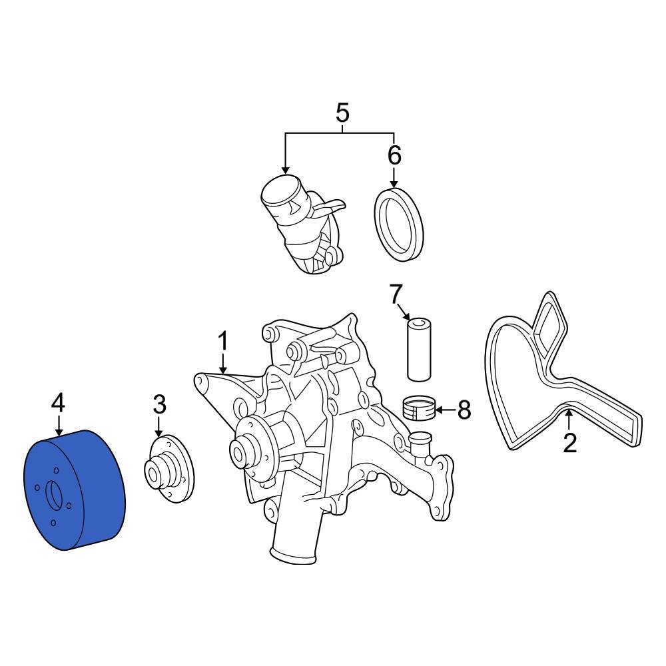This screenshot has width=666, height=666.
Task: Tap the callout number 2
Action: [x=569, y=443]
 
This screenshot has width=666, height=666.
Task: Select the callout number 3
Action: [x=159, y=404]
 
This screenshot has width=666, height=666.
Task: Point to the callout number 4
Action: [x=59, y=402]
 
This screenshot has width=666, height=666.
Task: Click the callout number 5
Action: [x=342, y=113]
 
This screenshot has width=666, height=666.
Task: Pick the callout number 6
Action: [x=394, y=155]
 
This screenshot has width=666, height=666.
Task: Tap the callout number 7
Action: [x=396, y=293]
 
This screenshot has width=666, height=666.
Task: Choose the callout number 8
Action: [x=464, y=410]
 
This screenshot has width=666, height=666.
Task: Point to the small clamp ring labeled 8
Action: [x=420, y=408]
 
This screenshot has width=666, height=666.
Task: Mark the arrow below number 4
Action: [x=59, y=426]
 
